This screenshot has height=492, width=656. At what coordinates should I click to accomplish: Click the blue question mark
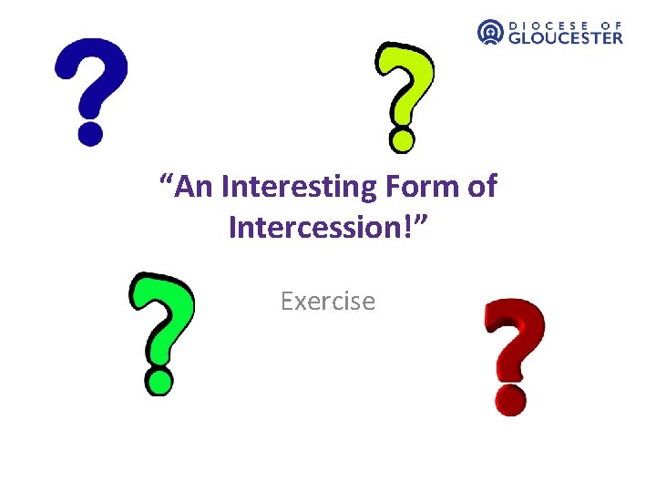[x=90, y=82]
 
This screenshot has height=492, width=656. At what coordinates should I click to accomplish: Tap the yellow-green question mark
[x=405, y=87]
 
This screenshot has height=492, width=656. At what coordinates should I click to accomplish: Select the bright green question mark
[x=162, y=323]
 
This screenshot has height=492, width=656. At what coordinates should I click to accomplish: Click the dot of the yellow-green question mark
[x=402, y=139]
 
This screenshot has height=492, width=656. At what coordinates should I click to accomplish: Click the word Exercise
[x=328, y=301]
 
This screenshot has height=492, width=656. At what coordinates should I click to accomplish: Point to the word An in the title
[x=193, y=188]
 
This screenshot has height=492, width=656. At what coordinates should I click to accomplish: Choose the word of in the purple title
[x=480, y=188]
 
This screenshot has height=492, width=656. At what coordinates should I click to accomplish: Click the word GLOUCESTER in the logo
[x=565, y=37]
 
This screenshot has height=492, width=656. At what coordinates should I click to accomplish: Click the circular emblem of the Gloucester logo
[x=490, y=32]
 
